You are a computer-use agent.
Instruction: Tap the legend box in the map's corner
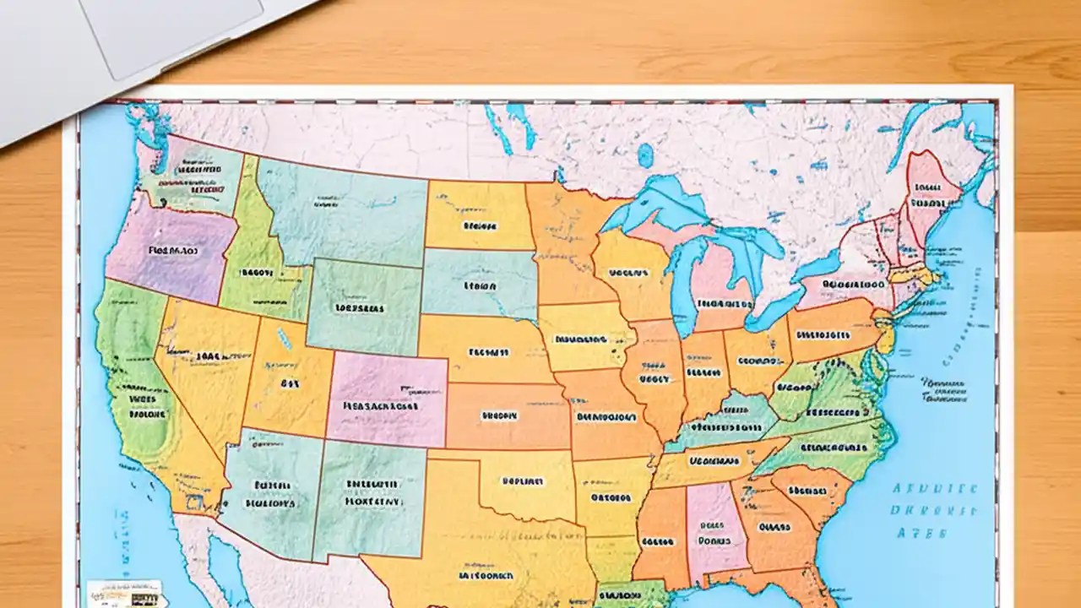coord(123,592)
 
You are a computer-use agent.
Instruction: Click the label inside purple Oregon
coord(172,251)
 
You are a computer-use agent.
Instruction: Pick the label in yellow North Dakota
coord(479,226)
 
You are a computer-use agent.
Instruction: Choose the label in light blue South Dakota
coord(480,285)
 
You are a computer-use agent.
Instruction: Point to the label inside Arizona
coord(270,495)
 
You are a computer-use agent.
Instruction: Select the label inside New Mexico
coord(372,492)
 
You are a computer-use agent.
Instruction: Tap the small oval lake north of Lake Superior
coord(645,155)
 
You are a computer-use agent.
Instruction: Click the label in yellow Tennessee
coord(714,462)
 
